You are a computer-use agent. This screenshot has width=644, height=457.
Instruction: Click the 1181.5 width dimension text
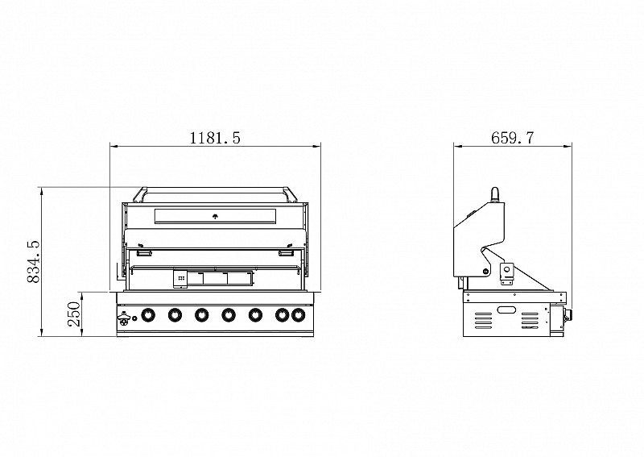tap(215, 138)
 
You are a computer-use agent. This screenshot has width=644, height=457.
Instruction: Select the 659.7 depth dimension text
tap(512, 138)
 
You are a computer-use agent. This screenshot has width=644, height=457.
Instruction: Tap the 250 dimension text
tap(73, 314)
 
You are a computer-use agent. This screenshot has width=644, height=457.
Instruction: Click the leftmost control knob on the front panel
tap(147, 315)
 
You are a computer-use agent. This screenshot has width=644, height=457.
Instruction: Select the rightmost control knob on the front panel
tap(299, 315)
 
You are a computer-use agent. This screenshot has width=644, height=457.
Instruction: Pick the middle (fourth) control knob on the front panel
tap(229, 315)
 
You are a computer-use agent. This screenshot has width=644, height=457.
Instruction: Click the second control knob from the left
tap(175, 315)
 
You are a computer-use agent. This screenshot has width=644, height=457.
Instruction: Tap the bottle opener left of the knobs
tap(123, 317)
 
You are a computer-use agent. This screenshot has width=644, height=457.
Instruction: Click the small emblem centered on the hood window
tap(216, 216)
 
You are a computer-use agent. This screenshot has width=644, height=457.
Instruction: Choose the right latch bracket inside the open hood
tap(286, 254)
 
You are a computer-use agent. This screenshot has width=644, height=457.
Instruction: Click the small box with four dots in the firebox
tap(180, 277)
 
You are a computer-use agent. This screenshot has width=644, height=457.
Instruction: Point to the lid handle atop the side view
tap(495, 195)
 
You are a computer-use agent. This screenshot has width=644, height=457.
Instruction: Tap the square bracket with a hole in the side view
tap(508, 272)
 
